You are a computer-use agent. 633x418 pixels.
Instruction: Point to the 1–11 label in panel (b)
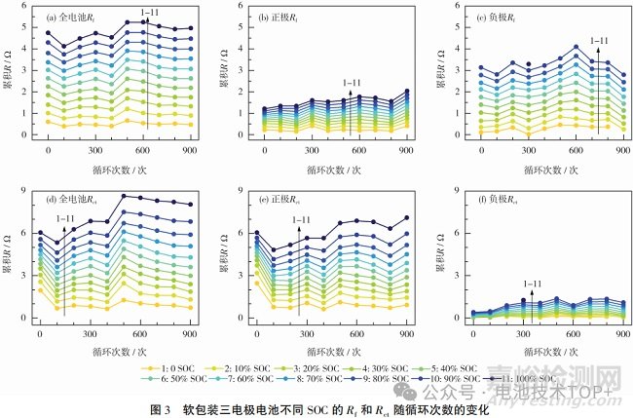353,84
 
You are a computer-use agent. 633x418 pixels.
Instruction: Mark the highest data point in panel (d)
123,196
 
